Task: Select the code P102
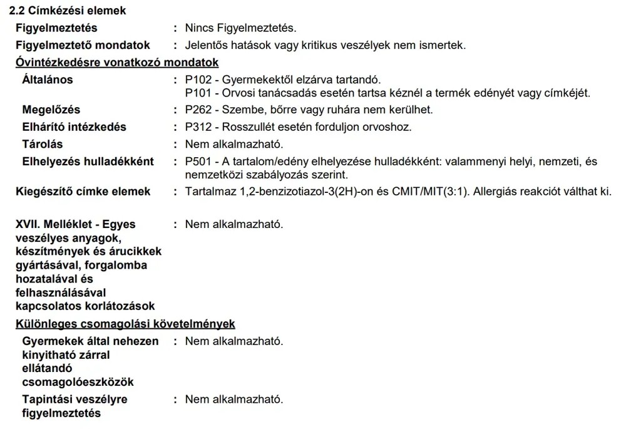point(198,80)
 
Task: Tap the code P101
point(198,93)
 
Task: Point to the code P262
point(198,110)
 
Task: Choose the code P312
point(198,127)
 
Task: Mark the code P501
point(198,162)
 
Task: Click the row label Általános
point(48,80)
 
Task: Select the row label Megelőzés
point(51,110)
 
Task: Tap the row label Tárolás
point(43,145)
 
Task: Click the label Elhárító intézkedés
point(74,127)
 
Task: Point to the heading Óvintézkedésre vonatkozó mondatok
point(117,63)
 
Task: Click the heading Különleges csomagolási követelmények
point(125,324)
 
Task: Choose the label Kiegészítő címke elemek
point(83,192)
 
